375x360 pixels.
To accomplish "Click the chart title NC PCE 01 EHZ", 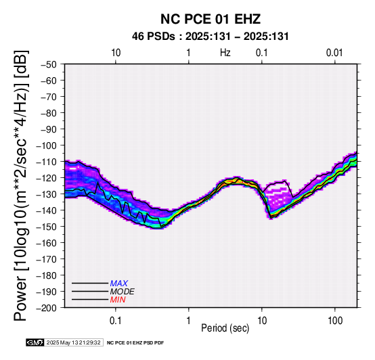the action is [x=211, y=19].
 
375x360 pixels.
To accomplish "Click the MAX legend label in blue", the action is [x=119, y=284].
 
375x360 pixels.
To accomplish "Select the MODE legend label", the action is [x=123, y=292].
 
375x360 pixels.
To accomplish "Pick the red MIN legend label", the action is [x=118, y=300].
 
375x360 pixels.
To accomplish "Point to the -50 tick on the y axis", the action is [x=49, y=64].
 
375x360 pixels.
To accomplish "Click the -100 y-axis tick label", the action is [x=47, y=145].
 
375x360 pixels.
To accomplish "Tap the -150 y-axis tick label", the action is [x=47, y=227].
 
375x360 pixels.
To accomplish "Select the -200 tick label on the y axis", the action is [x=47, y=308].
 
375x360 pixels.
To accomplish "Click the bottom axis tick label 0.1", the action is [x=116, y=321].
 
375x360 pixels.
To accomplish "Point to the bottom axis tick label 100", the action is [x=335, y=321].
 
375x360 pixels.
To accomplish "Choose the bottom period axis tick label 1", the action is [x=189, y=321].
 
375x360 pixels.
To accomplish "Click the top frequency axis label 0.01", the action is [x=334, y=53].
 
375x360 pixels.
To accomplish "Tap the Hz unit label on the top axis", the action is [x=225, y=53].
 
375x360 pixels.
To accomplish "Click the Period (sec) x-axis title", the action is [x=225, y=328].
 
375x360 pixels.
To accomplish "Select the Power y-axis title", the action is [x=21, y=185].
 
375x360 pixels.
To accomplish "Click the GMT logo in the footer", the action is [x=35, y=342].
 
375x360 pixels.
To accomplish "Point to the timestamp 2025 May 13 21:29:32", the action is [x=73, y=342].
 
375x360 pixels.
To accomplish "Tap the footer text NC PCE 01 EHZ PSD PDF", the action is [x=135, y=343].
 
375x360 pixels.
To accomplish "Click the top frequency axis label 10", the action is [x=116, y=53].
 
